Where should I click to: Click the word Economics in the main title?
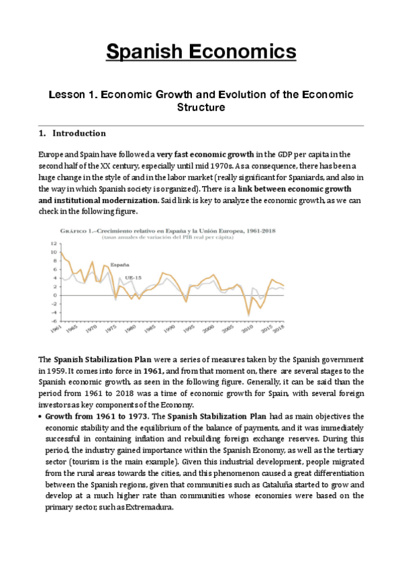click(246, 51)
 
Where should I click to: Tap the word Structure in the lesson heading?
click(201, 108)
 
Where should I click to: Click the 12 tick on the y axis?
click(54, 243)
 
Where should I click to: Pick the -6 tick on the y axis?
click(54, 321)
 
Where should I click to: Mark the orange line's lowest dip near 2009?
click(249, 314)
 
